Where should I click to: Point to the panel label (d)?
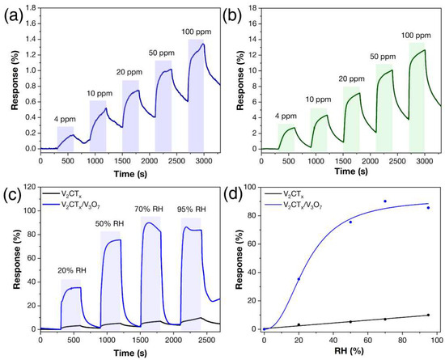pyautogui.click(x=234, y=192)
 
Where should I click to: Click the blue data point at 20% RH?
pyautogui.click(x=299, y=279)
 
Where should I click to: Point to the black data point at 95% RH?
pyautogui.click(x=428, y=315)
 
